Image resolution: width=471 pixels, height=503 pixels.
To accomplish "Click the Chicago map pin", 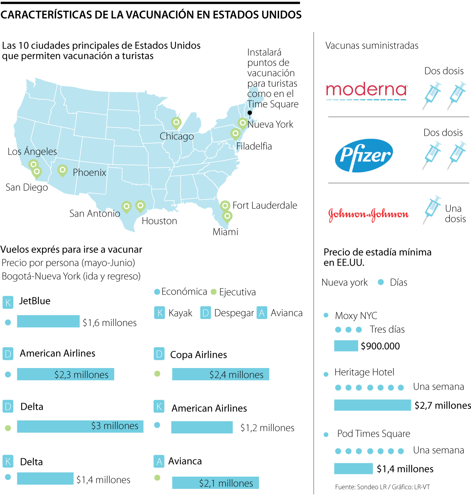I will tap(176, 123).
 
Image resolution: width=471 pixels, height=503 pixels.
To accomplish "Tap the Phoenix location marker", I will tap(62, 170).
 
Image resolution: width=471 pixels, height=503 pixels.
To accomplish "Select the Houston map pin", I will tap(140, 205).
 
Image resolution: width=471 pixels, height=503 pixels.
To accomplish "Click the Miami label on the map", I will tap(225, 232).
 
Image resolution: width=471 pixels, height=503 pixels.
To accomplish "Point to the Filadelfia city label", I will tap(254, 146).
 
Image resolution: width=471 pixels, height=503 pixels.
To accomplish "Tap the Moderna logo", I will tap(367, 91).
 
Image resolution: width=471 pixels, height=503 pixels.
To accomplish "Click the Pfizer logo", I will tap(364, 155).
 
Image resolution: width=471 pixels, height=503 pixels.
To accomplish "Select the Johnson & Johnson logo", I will tap(368, 214).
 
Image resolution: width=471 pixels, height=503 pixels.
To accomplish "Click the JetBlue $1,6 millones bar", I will tap(48, 322).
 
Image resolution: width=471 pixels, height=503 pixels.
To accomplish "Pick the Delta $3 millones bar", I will tap(80, 426).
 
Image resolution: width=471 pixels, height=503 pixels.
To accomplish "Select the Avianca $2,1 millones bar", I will tap(215, 483).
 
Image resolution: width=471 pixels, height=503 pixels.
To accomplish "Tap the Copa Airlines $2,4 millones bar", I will tap(221, 374).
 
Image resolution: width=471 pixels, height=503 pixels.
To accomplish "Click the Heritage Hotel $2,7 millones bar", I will tap(372, 405).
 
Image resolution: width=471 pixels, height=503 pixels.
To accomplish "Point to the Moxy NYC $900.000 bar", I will tap(346, 346).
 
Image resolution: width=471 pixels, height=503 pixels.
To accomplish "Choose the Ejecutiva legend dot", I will tap(214, 292).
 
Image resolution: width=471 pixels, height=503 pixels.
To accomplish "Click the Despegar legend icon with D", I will tap(205, 313).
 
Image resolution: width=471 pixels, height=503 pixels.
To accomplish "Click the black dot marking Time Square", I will tap(250, 113).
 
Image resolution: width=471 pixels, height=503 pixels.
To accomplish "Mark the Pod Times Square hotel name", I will tap(373, 434).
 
